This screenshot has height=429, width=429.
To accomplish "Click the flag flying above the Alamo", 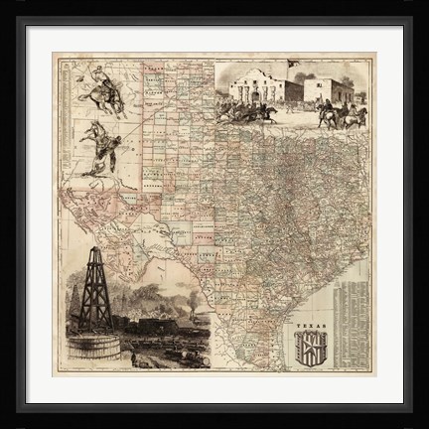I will coord(292,64).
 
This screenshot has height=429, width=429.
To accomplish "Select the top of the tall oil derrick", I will coord(96,252).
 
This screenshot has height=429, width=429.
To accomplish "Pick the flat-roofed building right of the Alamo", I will coord(328,90).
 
